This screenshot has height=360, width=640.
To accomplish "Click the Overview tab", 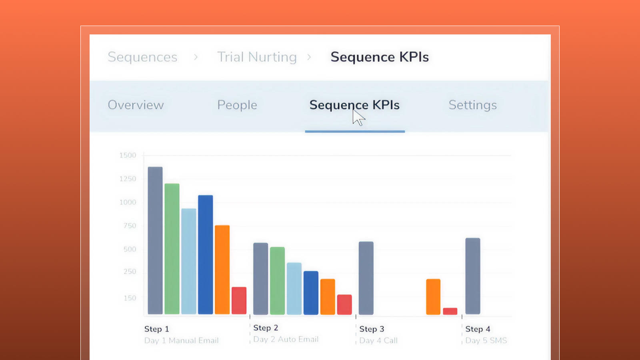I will click(x=136, y=105).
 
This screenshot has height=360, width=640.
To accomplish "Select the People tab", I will click(x=237, y=105).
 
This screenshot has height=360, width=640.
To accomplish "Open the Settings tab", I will click(x=472, y=105).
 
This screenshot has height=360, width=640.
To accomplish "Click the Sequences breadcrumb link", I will click(x=142, y=57).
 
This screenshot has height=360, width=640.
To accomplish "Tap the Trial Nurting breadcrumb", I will click(x=257, y=57).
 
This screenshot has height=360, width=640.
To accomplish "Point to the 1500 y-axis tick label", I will click(x=128, y=155).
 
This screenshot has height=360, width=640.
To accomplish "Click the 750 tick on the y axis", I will click(x=130, y=226).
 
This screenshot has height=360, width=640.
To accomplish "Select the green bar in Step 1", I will click(x=172, y=249).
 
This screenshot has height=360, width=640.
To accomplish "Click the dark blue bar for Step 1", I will click(x=206, y=254).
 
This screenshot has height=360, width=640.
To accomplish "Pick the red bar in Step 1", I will click(x=239, y=300).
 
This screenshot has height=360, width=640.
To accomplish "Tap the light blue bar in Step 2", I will click(x=294, y=288).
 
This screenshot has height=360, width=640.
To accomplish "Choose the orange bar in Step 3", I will click(x=433, y=297).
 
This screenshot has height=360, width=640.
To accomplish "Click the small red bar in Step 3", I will click(x=450, y=311).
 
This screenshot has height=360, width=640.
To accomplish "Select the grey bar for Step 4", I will click(x=473, y=276).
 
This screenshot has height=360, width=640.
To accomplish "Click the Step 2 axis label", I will click(x=266, y=328).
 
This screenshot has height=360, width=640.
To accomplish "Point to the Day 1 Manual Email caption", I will click(x=181, y=340).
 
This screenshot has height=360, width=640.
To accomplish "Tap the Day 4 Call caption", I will click(x=378, y=340).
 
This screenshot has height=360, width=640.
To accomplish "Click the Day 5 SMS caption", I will click(x=486, y=340).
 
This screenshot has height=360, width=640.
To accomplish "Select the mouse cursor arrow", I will click(x=358, y=118).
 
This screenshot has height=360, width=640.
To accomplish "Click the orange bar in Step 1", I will click(x=222, y=270).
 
